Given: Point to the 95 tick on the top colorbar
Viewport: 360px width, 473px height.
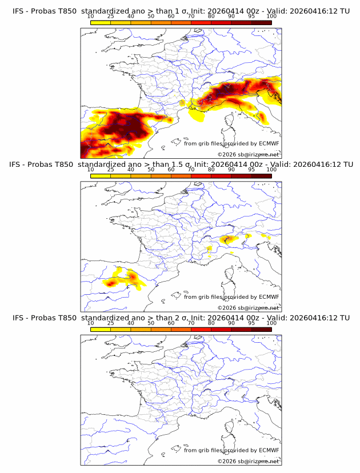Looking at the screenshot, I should coord(251,16).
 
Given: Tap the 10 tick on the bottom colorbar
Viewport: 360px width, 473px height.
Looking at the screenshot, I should coord(91,323).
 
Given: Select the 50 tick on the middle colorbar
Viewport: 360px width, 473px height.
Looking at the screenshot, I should coord(151,170).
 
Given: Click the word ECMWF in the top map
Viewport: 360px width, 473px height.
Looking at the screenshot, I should coord(269,143).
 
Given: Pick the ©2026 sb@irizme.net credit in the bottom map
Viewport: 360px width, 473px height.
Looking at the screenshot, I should coord(248,461).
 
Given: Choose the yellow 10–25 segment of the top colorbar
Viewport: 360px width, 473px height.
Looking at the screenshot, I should coord(101,22).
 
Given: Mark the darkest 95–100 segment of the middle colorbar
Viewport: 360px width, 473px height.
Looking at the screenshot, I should coord(262,175).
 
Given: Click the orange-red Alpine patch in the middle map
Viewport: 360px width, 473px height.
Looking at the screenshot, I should coord(227,239).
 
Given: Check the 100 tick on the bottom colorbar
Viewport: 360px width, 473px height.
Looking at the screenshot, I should coord(271,323).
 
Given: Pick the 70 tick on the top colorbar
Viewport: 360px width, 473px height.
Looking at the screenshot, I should coord(191,16).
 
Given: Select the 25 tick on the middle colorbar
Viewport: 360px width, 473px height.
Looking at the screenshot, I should coord(111,170).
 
